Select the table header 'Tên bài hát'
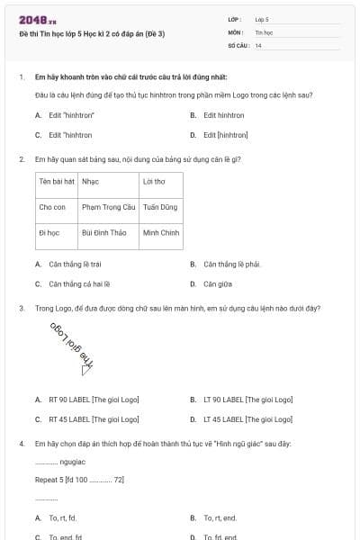click(x=56, y=181)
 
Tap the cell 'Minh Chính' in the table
click(x=161, y=232)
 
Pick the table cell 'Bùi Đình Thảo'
click(x=103, y=232)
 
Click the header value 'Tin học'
click(x=264, y=31)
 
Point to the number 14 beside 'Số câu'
click(x=258, y=44)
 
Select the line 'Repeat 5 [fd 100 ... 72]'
click(x=79, y=480)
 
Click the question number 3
click(x=21, y=308)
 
